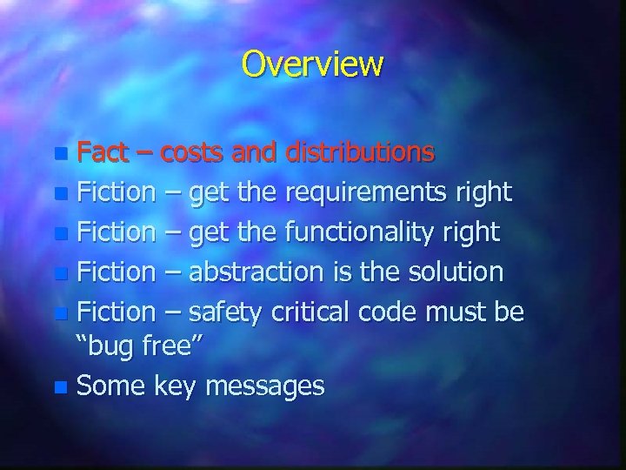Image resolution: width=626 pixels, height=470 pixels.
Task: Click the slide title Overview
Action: (312, 64)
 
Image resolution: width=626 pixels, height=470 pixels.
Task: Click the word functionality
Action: (381, 232)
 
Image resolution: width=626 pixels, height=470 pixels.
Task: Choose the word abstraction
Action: (258, 272)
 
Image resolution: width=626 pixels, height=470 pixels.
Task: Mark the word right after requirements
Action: (491, 193)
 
